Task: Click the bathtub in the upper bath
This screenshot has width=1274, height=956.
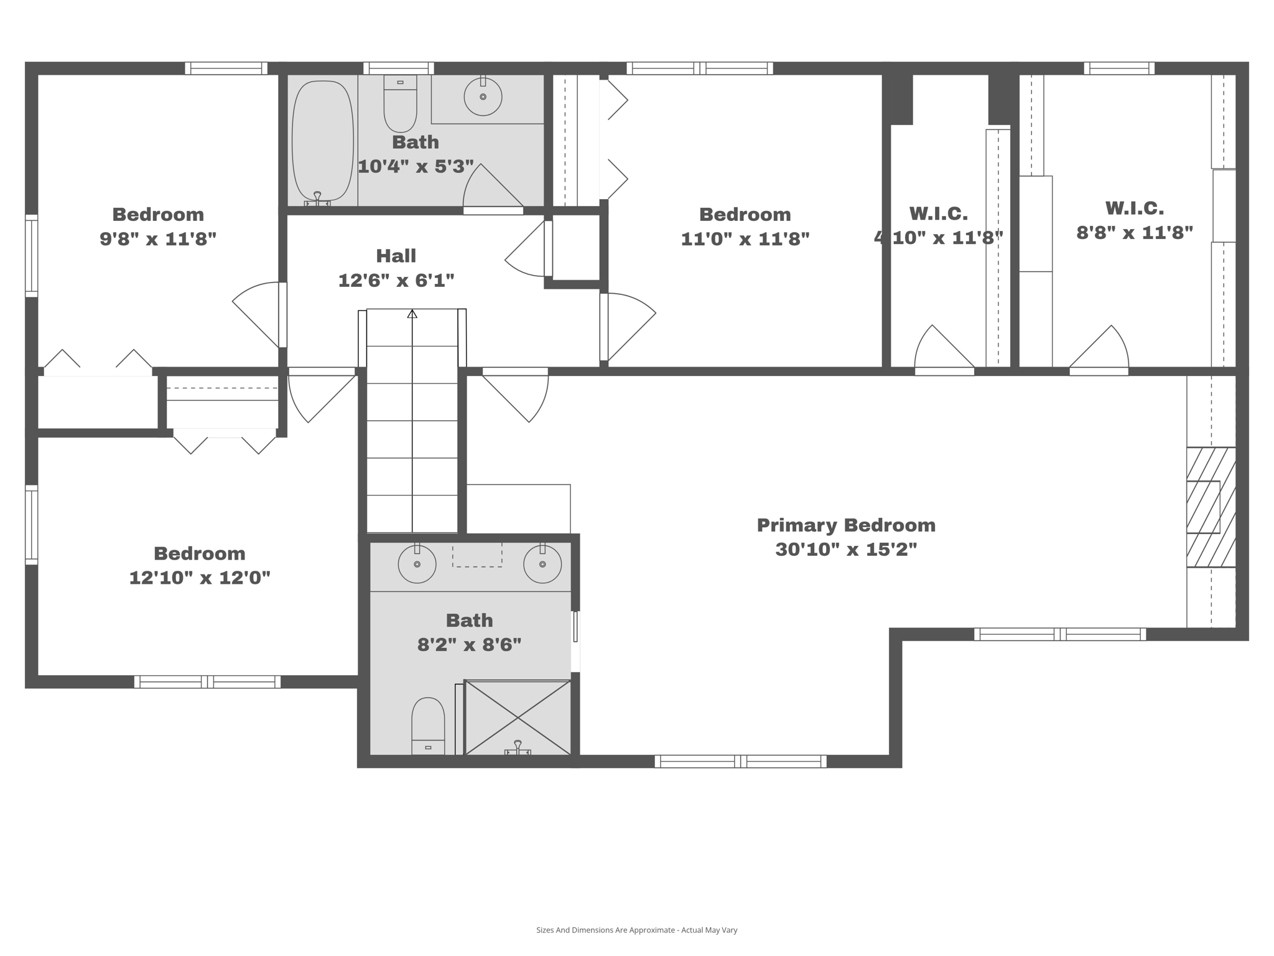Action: coord(322,140)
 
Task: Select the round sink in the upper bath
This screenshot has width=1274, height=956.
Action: coord(483,97)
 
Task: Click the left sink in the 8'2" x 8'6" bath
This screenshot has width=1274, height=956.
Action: coord(417,564)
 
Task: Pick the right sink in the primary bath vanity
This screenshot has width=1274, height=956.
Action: coord(542,564)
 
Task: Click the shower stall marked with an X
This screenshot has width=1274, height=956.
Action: coord(518,718)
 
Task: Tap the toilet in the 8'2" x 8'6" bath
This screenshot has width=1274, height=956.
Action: coord(428,726)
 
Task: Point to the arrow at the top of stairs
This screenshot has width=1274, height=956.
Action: coord(412,314)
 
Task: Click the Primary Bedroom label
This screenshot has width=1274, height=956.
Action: coord(846,525)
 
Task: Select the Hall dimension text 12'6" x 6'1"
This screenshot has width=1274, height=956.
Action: coord(396,281)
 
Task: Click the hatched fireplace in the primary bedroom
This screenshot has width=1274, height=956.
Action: coord(1210,507)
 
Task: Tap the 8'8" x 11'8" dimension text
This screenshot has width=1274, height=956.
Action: coord(1135,233)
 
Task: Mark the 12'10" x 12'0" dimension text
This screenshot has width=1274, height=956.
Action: coord(200,578)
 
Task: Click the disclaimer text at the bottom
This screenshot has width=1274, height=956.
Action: coord(636,930)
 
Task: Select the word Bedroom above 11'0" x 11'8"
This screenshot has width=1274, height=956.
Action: coord(745,215)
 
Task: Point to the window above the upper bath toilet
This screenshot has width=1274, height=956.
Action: coord(399,68)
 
